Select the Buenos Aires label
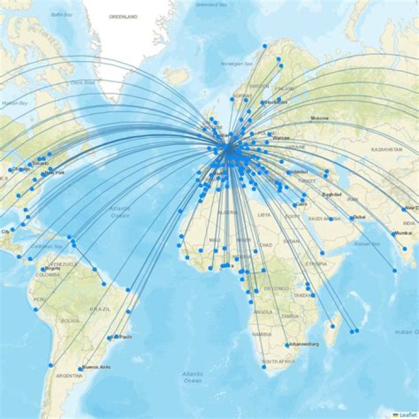coord(97,367)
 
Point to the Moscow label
coord(319,118)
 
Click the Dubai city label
coord(359,217)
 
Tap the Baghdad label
coord(331,194)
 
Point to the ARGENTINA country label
coord(69,376)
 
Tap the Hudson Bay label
coord(15,103)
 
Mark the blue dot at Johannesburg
coord(287,345)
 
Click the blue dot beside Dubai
coord(351,218)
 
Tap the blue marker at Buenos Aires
coord(80,368)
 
